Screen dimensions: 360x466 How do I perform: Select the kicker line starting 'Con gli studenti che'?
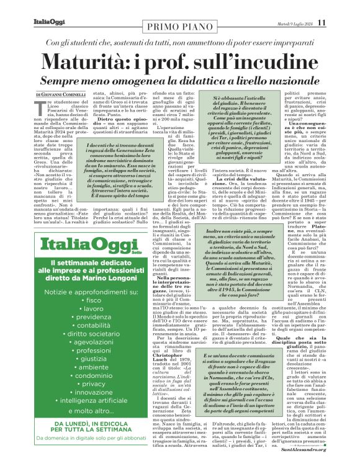[x=179, y=43]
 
